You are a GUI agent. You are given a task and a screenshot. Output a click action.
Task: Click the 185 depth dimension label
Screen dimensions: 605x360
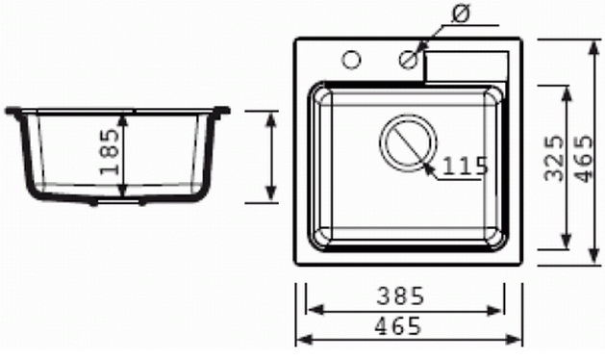click(x=110, y=152)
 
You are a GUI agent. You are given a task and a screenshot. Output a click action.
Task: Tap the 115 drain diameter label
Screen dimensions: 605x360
click(x=465, y=167)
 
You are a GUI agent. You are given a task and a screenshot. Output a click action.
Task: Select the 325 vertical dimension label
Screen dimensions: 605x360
click(x=554, y=158)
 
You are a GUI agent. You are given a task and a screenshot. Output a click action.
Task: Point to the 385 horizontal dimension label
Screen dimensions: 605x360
click(x=400, y=296)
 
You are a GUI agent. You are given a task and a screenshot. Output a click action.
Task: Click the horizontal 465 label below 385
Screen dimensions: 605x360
click(x=398, y=326)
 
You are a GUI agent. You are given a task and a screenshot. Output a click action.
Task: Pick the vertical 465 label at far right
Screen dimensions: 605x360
click(x=583, y=158)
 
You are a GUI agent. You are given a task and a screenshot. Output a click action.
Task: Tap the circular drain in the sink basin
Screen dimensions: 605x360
click(x=408, y=142)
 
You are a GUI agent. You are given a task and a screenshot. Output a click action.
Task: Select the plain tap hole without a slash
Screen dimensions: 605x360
click(x=351, y=60)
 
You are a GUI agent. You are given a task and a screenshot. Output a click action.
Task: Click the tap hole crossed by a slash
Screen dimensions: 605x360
click(x=409, y=60)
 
